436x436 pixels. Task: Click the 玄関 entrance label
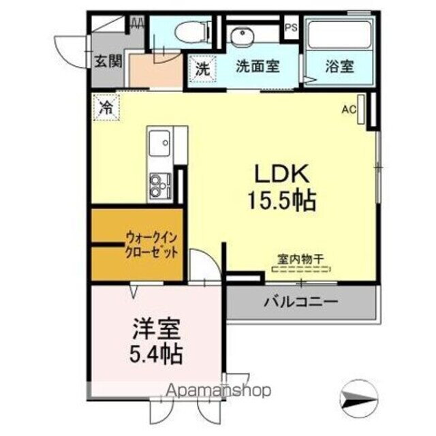coord(108,61)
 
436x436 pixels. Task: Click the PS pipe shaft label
coord(291,28)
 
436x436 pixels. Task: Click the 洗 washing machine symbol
coord(202,68)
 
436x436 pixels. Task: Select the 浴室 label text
coord(339,68)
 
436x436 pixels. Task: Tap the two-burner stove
coord(159,183)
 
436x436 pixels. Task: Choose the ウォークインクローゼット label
coord(151,245)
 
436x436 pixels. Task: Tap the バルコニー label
coord(301,300)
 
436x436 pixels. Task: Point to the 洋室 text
coord(156,330)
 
